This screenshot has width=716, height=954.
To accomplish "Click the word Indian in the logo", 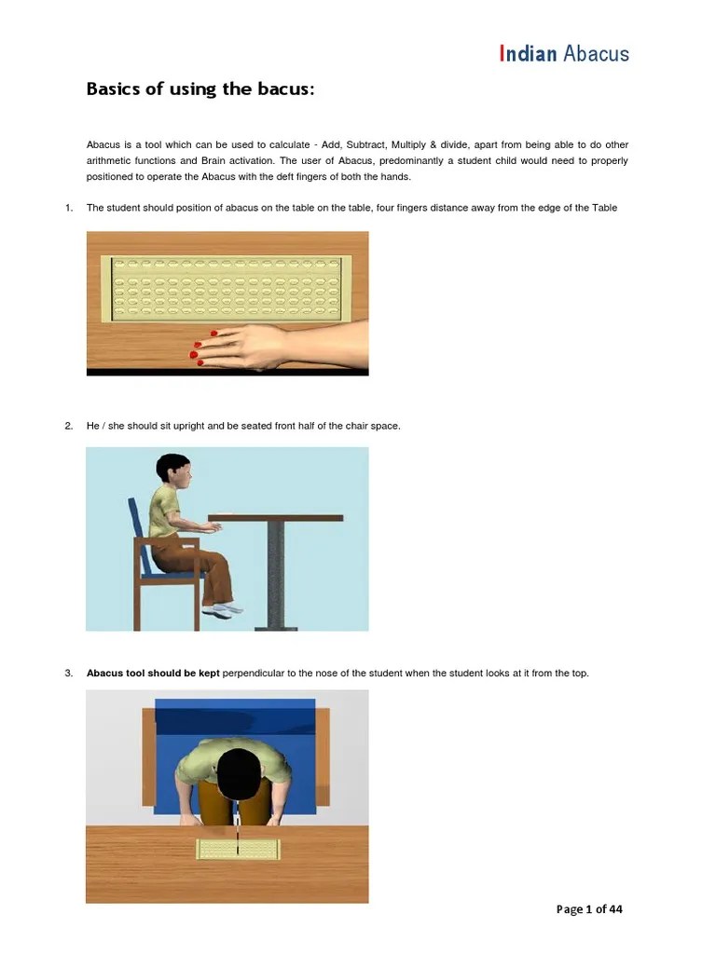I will pyautogui.click(x=529, y=53).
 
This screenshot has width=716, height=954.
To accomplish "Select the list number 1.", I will pyautogui.click(x=69, y=208).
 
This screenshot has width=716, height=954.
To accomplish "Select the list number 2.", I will pyautogui.click(x=69, y=426).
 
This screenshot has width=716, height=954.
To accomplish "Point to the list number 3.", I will pyautogui.click(x=69, y=673).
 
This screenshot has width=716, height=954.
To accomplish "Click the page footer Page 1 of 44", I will pyautogui.click(x=589, y=909).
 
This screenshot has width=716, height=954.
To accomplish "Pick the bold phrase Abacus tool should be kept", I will pyautogui.click(x=153, y=673).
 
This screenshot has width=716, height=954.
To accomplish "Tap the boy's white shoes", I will pyautogui.click(x=222, y=609).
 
